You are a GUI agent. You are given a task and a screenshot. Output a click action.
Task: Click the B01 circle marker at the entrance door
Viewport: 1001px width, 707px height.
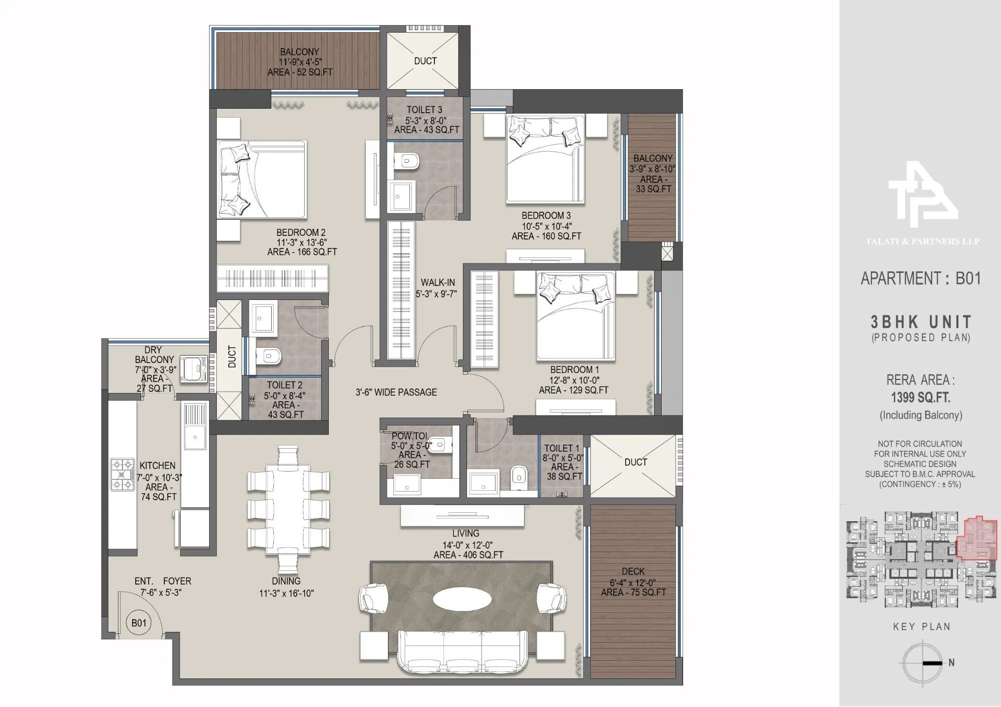[139, 623]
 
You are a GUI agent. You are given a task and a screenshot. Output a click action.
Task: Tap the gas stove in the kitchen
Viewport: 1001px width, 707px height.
[122, 475]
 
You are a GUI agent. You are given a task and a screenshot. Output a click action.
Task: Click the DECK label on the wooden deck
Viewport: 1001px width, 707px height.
[633, 571]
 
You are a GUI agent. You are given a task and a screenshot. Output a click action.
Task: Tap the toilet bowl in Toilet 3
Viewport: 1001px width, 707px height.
[408, 161]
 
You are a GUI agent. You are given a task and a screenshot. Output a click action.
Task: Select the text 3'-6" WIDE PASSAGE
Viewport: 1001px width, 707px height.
[396, 393]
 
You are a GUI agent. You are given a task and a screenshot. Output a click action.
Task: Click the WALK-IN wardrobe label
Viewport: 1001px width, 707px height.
[437, 283]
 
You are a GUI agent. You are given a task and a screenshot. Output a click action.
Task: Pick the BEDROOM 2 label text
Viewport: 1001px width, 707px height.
[301, 233]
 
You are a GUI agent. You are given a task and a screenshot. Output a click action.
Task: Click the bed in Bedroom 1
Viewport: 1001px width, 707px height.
[576, 315]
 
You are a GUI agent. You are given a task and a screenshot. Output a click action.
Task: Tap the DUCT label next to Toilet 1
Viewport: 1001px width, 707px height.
[635, 462]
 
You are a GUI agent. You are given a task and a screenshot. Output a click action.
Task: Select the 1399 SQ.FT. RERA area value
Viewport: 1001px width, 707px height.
[920, 398]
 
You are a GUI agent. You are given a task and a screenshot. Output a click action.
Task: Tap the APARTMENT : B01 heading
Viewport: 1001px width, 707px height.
[920, 278]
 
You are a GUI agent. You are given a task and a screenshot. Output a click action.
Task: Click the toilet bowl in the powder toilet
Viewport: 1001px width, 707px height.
[441, 444]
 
